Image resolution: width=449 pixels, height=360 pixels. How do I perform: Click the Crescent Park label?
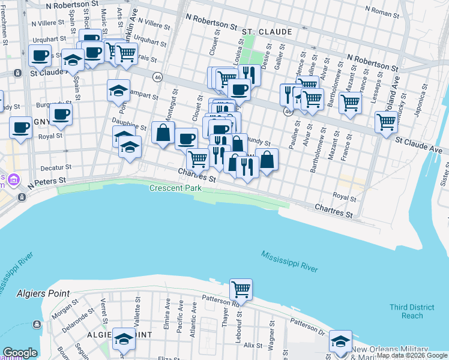click(x=175, y=188)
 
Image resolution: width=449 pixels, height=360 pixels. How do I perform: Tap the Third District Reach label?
click(x=406, y=311)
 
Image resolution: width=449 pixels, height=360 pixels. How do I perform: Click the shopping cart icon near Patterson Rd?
click(x=241, y=289)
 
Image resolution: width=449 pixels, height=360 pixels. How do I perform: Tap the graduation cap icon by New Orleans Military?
click(x=340, y=341)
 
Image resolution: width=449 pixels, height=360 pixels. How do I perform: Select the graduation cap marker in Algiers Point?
click(x=124, y=339)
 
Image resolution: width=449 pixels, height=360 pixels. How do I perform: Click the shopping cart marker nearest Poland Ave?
click(x=387, y=122)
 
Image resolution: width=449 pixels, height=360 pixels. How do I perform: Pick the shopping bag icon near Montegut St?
click(x=163, y=133)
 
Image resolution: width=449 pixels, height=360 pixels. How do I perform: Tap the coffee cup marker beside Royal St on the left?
click(x=20, y=128)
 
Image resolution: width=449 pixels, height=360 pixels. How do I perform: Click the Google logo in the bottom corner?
click(x=20, y=352)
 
